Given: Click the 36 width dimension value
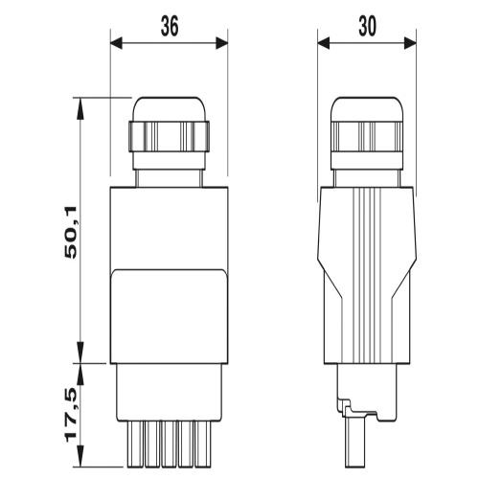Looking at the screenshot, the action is click(x=170, y=26).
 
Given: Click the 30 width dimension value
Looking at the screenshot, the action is click(x=367, y=26).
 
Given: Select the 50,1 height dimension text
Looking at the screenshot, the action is click(x=71, y=232).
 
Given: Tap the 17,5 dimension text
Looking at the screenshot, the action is click(x=71, y=415).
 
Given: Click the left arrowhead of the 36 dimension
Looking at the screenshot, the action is click(x=116, y=43).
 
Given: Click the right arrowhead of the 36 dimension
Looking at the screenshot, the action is click(x=222, y=43).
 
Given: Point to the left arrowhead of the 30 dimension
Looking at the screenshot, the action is click(x=324, y=43).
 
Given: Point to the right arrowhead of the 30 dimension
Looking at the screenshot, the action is click(x=410, y=43).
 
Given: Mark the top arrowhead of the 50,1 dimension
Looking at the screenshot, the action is click(x=80, y=108).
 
